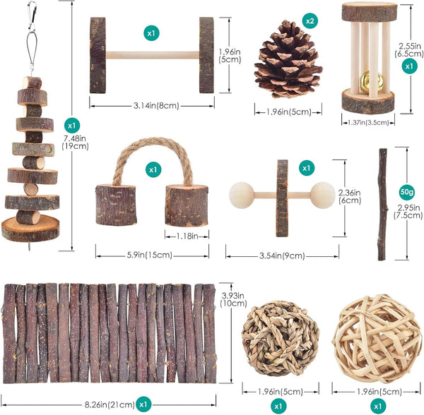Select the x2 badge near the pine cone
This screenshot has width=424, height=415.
[310, 20]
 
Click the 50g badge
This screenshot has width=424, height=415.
[407, 192]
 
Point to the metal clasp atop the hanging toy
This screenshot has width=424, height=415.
[33, 16]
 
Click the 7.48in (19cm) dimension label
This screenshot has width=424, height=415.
[75, 143]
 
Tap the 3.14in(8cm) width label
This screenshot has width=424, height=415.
[156, 106]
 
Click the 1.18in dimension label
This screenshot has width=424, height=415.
[187, 236]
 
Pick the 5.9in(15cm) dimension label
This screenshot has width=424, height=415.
[150, 255]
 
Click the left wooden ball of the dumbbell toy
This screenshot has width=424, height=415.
[242, 196]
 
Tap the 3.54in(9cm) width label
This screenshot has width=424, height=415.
[282, 255]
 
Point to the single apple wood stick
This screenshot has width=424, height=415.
[382, 205]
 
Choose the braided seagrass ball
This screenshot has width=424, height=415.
[281, 339]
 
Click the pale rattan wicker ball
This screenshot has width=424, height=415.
[377, 339]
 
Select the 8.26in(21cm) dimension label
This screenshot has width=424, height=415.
[110, 404]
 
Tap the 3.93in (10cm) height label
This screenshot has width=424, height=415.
[233, 300]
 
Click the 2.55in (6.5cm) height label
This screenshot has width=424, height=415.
[409, 50]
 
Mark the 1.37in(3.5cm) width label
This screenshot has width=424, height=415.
[368, 123]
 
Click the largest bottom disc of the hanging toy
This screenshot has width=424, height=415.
[30, 229]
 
